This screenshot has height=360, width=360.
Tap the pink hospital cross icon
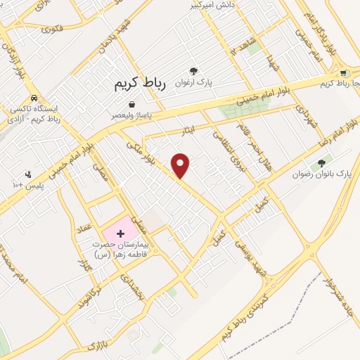[x=120, y=232]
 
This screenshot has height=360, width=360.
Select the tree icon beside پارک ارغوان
[x=194, y=70]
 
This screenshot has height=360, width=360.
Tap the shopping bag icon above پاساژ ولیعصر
[x=131, y=105]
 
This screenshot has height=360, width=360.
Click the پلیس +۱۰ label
[x=28, y=184]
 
